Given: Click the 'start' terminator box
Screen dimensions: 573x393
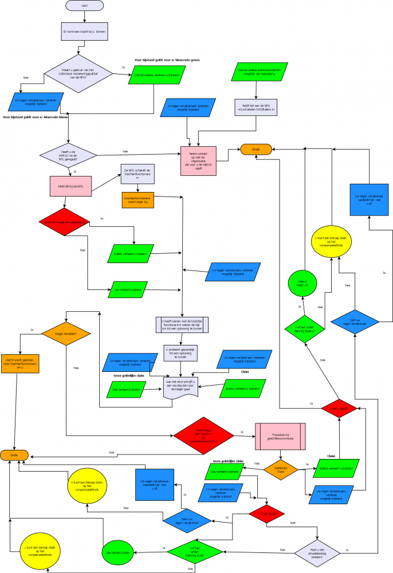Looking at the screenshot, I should pos(84,5).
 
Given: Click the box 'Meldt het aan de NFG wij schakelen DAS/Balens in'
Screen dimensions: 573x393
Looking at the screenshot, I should pos(256,107).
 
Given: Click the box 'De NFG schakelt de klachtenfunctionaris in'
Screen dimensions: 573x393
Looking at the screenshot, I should pos(137,174).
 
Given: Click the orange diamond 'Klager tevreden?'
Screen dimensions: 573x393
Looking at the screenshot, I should pos(66,333).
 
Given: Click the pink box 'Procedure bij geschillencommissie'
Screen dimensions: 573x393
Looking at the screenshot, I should pos(280,438).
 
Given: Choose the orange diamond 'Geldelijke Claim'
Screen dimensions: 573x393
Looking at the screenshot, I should pos(281,469).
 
